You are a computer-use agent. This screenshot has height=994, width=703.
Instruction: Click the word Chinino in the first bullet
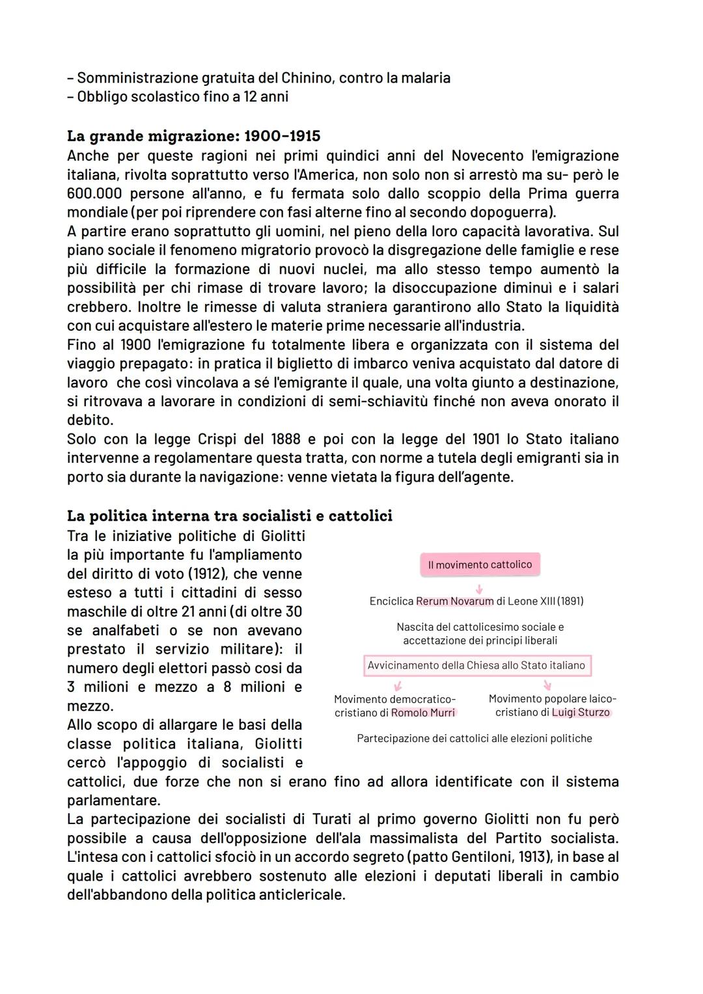(x=307, y=78)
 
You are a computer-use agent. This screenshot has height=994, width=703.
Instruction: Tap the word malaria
(x=422, y=78)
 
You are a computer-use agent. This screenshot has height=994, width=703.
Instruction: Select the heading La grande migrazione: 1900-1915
(x=193, y=136)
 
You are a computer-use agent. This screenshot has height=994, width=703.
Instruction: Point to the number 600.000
(x=94, y=194)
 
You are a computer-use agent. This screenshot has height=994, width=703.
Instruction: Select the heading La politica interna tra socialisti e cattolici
(x=229, y=516)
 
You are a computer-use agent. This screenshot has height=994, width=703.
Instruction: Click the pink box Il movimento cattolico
(x=480, y=565)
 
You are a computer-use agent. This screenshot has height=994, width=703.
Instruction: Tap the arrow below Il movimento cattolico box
(x=480, y=588)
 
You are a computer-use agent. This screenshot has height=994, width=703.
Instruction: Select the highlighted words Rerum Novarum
(x=454, y=601)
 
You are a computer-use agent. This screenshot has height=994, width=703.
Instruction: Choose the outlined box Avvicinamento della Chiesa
(x=476, y=666)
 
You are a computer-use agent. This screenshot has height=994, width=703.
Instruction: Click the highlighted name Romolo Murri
(x=423, y=713)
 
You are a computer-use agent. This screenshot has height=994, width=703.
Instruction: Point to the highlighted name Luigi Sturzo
(x=581, y=713)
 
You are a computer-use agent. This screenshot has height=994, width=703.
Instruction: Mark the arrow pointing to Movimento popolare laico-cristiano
(x=547, y=685)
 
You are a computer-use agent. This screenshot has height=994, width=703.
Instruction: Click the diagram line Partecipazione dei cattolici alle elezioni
(x=475, y=739)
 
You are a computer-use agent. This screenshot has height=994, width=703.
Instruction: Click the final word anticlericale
(x=300, y=895)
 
